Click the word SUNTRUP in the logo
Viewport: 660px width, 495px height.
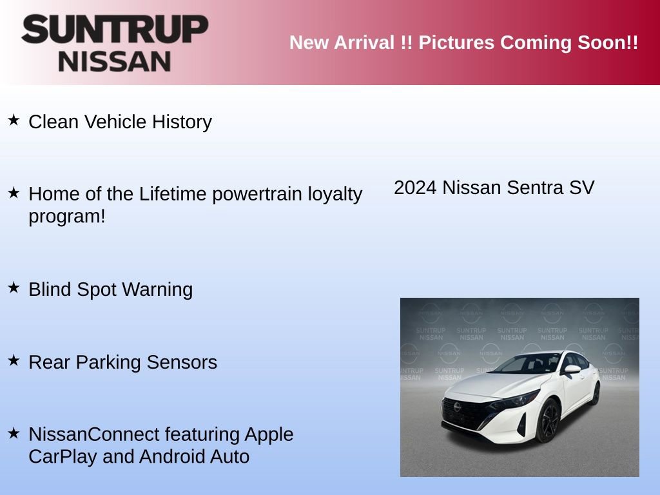(x=115, y=30)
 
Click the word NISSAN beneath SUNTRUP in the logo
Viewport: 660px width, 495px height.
(x=115, y=61)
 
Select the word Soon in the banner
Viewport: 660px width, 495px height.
(x=604, y=43)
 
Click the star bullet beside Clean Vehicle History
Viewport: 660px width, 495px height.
(x=14, y=120)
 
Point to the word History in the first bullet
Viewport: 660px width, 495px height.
(x=182, y=122)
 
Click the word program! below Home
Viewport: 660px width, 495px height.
(x=66, y=216)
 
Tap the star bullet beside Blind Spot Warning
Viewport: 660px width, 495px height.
(x=14, y=287)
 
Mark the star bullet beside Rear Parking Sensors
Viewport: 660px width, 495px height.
(x=14, y=360)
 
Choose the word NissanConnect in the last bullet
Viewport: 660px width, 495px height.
(x=93, y=434)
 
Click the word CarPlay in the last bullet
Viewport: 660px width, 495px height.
(x=63, y=456)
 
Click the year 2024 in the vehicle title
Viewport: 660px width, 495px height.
(x=415, y=188)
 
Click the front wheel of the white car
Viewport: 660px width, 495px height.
(x=548, y=420)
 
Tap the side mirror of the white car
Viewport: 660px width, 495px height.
(x=571, y=369)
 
